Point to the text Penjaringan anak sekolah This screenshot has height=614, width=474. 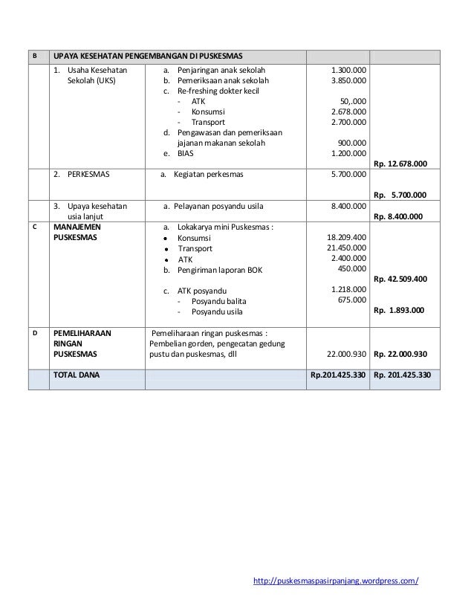tap(221, 70)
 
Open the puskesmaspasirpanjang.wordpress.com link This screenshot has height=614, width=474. tap(336, 579)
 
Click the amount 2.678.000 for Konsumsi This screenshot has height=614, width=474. tap(347, 112)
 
